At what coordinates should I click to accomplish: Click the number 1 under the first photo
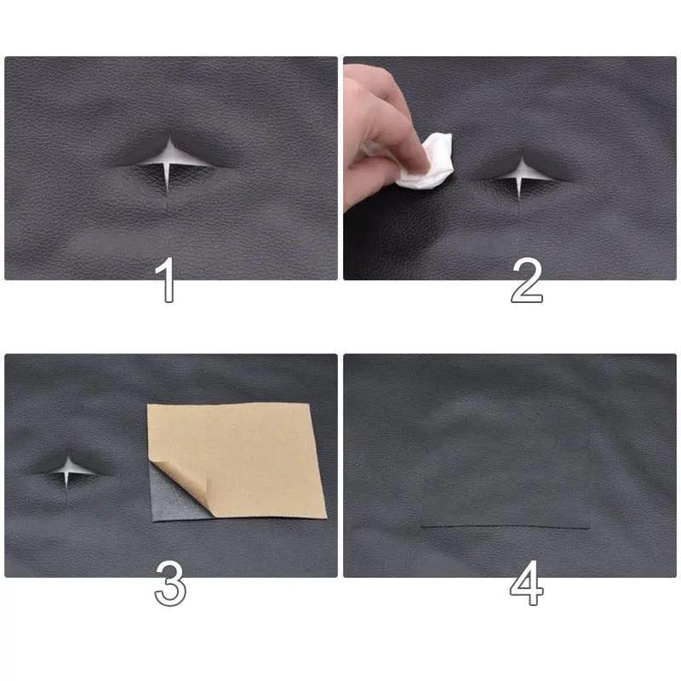coord(169,281)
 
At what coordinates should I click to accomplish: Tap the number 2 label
coord(526,281)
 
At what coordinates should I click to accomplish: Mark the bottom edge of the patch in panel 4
coord(506,528)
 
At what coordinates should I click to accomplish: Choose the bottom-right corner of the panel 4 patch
coord(590,528)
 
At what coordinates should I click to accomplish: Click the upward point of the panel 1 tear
coord(169,136)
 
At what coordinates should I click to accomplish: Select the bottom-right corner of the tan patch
coord(325,517)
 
